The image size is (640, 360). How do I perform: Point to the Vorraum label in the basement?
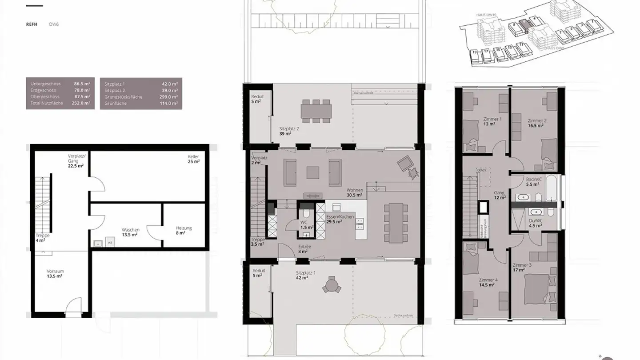pyautogui.click(x=55, y=273)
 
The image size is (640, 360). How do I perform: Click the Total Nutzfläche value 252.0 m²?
pyautogui.click(x=82, y=103)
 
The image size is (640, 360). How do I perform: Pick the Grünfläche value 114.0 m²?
pyautogui.click(x=169, y=104)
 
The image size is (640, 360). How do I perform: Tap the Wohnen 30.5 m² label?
pyautogui.click(x=355, y=192)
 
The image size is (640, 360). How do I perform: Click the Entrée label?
pyautogui.click(x=304, y=249)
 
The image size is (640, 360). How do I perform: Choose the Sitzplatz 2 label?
pyautogui.click(x=289, y=131)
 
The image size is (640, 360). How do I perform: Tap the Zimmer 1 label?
pyautogui.click(x=492, y=121)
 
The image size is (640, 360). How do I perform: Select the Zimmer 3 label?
pyautogui.click(x=522, y=267)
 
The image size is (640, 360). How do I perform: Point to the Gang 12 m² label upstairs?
pyautogui.click(x=500, y=195)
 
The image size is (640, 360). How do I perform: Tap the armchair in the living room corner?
pyautogui.click(x=405, y=164)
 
